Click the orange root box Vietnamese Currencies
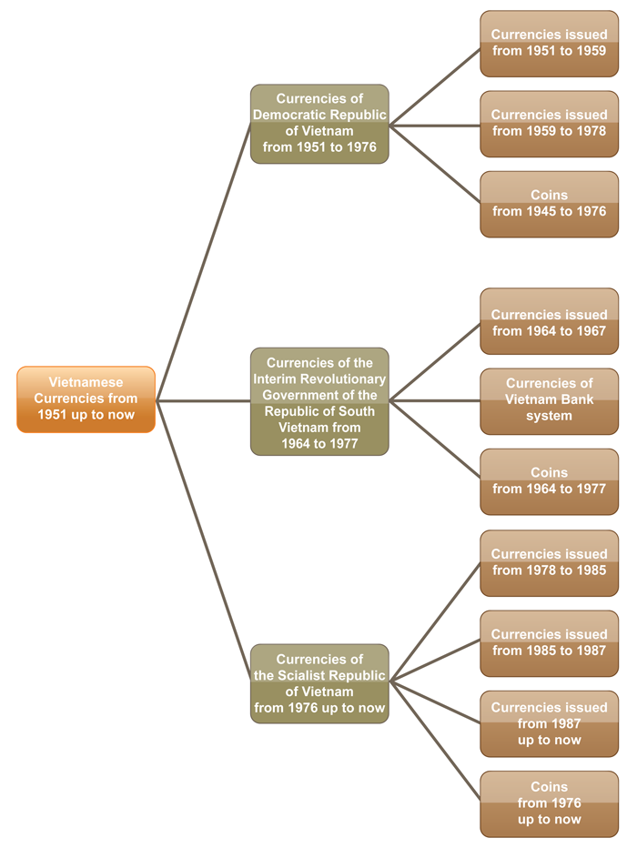tap(86, 399)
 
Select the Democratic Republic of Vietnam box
tap(319, 124)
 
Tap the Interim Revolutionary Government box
tap(319, 401)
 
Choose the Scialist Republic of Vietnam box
tap(319, 683)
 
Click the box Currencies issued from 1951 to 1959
tap(549, 44)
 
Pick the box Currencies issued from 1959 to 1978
tap(549, 124)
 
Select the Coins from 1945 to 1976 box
tap(549, 204)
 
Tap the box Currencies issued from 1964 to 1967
tap(549, 322)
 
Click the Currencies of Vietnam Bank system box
tap(549, 400)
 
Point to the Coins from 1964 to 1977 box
tap(549, 481)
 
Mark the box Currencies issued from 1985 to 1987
tap(549, 643)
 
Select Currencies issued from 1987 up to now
tap(549, 723)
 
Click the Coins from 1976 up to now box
tap(549, 803)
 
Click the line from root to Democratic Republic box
tap(204, 261)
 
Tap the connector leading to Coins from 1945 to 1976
tap(435, 165)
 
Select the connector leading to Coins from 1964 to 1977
tap(435, 439)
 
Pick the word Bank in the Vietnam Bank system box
tap(577, 399)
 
